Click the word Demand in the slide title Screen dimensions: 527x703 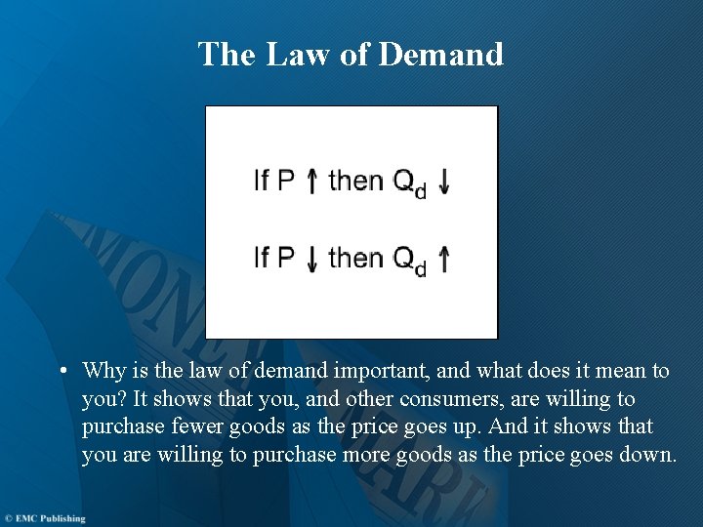(440, 54)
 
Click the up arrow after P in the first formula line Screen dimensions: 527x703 (311, 182)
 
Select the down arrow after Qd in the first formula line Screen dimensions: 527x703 (444, 182)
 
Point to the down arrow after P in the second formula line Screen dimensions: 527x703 (311, 259)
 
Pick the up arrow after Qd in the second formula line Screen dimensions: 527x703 (444, 259)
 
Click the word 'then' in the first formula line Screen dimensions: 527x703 (356, 181)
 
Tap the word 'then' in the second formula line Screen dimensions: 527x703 (356, 258)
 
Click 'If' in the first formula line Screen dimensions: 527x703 (261, 181)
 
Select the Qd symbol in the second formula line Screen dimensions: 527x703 (409, 261)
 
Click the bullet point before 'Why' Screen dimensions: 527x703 (62, 372)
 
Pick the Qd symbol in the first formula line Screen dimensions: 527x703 (409, 183)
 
